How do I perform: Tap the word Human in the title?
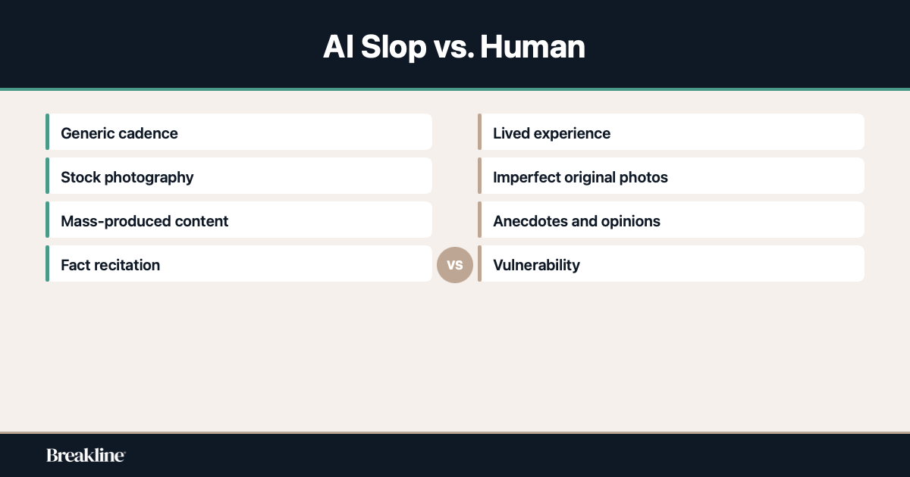[532, 47]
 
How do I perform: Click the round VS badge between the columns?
[455, 265]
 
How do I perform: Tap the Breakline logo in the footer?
[86, 455]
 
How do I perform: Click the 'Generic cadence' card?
[239, 132]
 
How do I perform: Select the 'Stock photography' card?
[239, 176]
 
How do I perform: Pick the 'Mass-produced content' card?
[239, 220]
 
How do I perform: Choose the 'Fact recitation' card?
[239, 264]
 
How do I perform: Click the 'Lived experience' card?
[671, 132]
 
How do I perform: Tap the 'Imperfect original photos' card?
[671, 176]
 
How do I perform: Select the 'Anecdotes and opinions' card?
[671, 220]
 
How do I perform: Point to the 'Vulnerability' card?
[671, 264]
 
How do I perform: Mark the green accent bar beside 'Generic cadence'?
[47, 132]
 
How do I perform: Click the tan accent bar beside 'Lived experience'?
[479, 132]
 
